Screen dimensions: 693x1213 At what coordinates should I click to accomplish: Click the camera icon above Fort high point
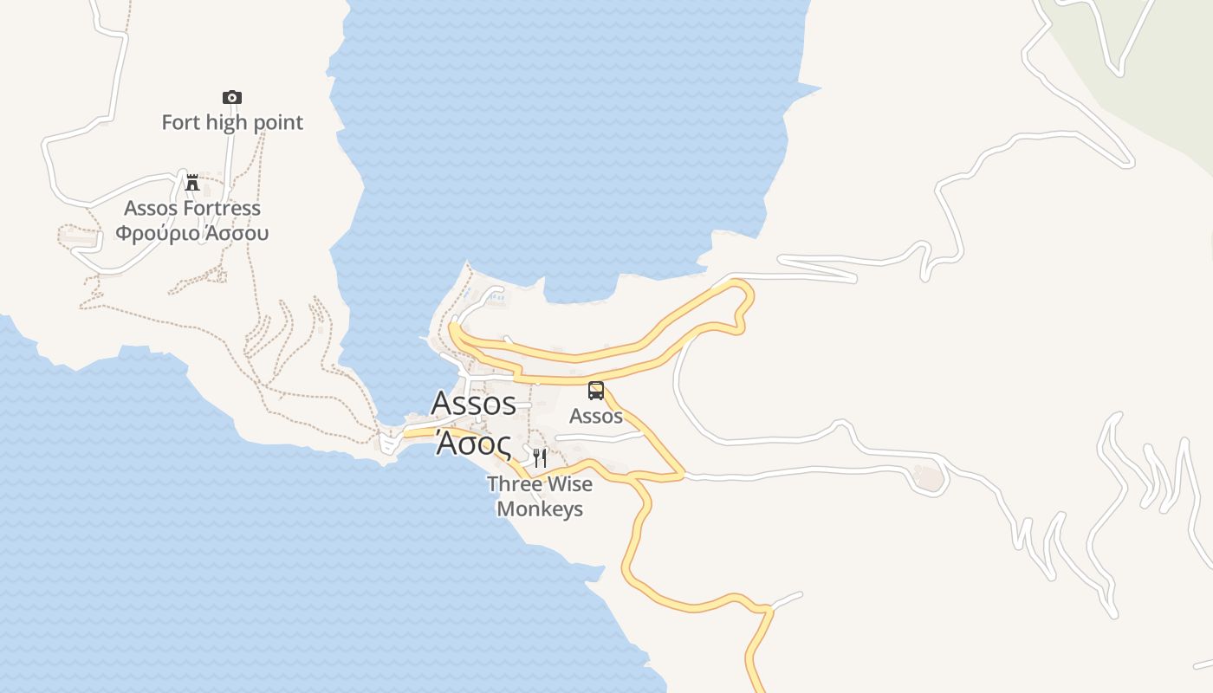pos(231,97)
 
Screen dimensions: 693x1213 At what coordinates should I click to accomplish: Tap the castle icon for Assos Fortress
pos(192,182)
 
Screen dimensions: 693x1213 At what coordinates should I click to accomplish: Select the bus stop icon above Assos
pos(596,391)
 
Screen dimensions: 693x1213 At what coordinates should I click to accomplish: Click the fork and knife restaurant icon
pos(540,457)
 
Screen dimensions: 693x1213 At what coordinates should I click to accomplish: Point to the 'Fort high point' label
pos(232,122)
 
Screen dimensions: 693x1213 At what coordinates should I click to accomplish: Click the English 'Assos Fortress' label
pos(192,208)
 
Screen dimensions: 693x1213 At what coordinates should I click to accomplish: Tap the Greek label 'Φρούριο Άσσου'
pos(192,233)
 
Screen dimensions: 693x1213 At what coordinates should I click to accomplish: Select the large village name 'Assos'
pos(473,403)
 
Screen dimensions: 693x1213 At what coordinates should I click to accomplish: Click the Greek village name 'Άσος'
pos(472,442)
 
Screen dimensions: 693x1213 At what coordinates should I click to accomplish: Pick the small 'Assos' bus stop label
pos(596,416)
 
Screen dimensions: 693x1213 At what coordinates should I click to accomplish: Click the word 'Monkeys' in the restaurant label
pos(540,508)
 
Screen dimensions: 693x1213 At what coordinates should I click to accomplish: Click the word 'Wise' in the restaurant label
pos(570,483)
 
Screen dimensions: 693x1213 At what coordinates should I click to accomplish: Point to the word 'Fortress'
pos(222,208)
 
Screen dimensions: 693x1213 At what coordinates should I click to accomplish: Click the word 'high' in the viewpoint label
pos(226,122)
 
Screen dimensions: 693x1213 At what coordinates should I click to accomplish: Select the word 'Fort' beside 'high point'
pos(180,122)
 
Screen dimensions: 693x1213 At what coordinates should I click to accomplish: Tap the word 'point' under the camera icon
pos(277,122)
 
